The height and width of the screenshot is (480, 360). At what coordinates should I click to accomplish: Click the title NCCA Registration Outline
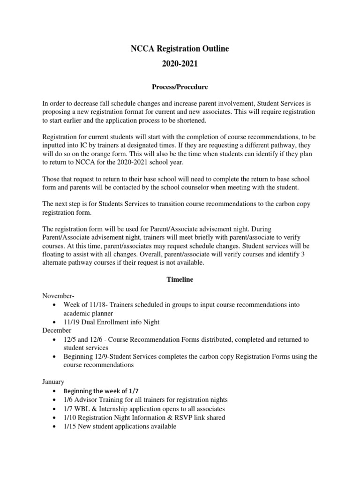180,49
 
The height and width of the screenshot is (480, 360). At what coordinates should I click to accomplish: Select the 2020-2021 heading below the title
180,64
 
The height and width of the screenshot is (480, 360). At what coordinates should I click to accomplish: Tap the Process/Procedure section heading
180,87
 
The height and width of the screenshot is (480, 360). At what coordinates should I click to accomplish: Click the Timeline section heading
180,279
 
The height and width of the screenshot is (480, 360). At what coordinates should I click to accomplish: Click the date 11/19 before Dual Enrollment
71,322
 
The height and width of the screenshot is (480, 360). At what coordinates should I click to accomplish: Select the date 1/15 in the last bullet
70,426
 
